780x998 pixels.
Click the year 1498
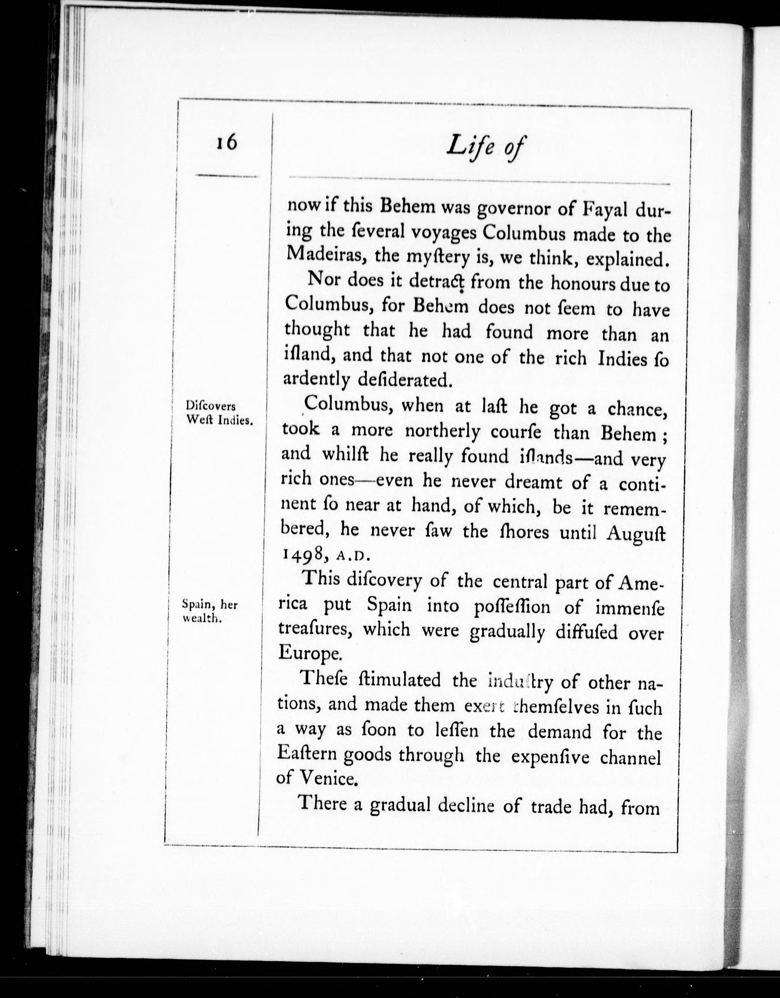point(302,554)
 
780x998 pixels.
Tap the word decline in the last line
point(466,804)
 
